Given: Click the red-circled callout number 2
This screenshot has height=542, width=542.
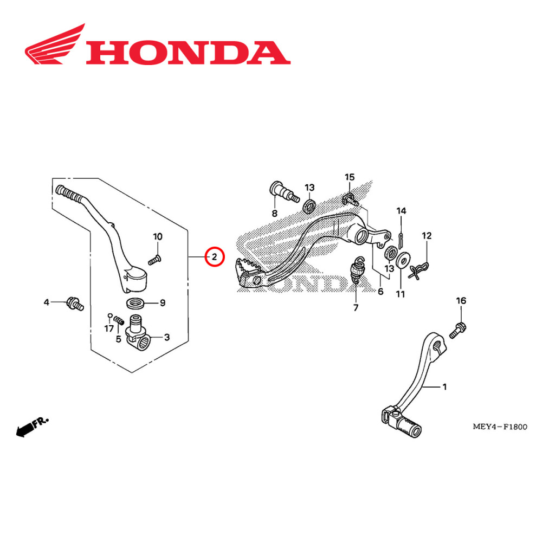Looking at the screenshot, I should tap(215, 256).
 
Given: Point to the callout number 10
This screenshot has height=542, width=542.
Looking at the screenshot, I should tap(157, 236).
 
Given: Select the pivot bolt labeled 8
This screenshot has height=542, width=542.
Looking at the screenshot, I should tap(282, 191).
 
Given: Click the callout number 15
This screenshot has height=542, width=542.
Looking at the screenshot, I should tap(350, 177).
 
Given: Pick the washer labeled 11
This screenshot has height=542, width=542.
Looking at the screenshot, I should tap(402, 260).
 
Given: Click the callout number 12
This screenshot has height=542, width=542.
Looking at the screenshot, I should tap(427, 236).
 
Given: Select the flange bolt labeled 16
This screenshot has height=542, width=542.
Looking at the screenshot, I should tap(457, 329).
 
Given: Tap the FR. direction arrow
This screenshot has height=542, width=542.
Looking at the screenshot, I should tap(31, 427).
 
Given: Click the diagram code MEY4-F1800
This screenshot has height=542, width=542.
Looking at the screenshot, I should tap(500, 427).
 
